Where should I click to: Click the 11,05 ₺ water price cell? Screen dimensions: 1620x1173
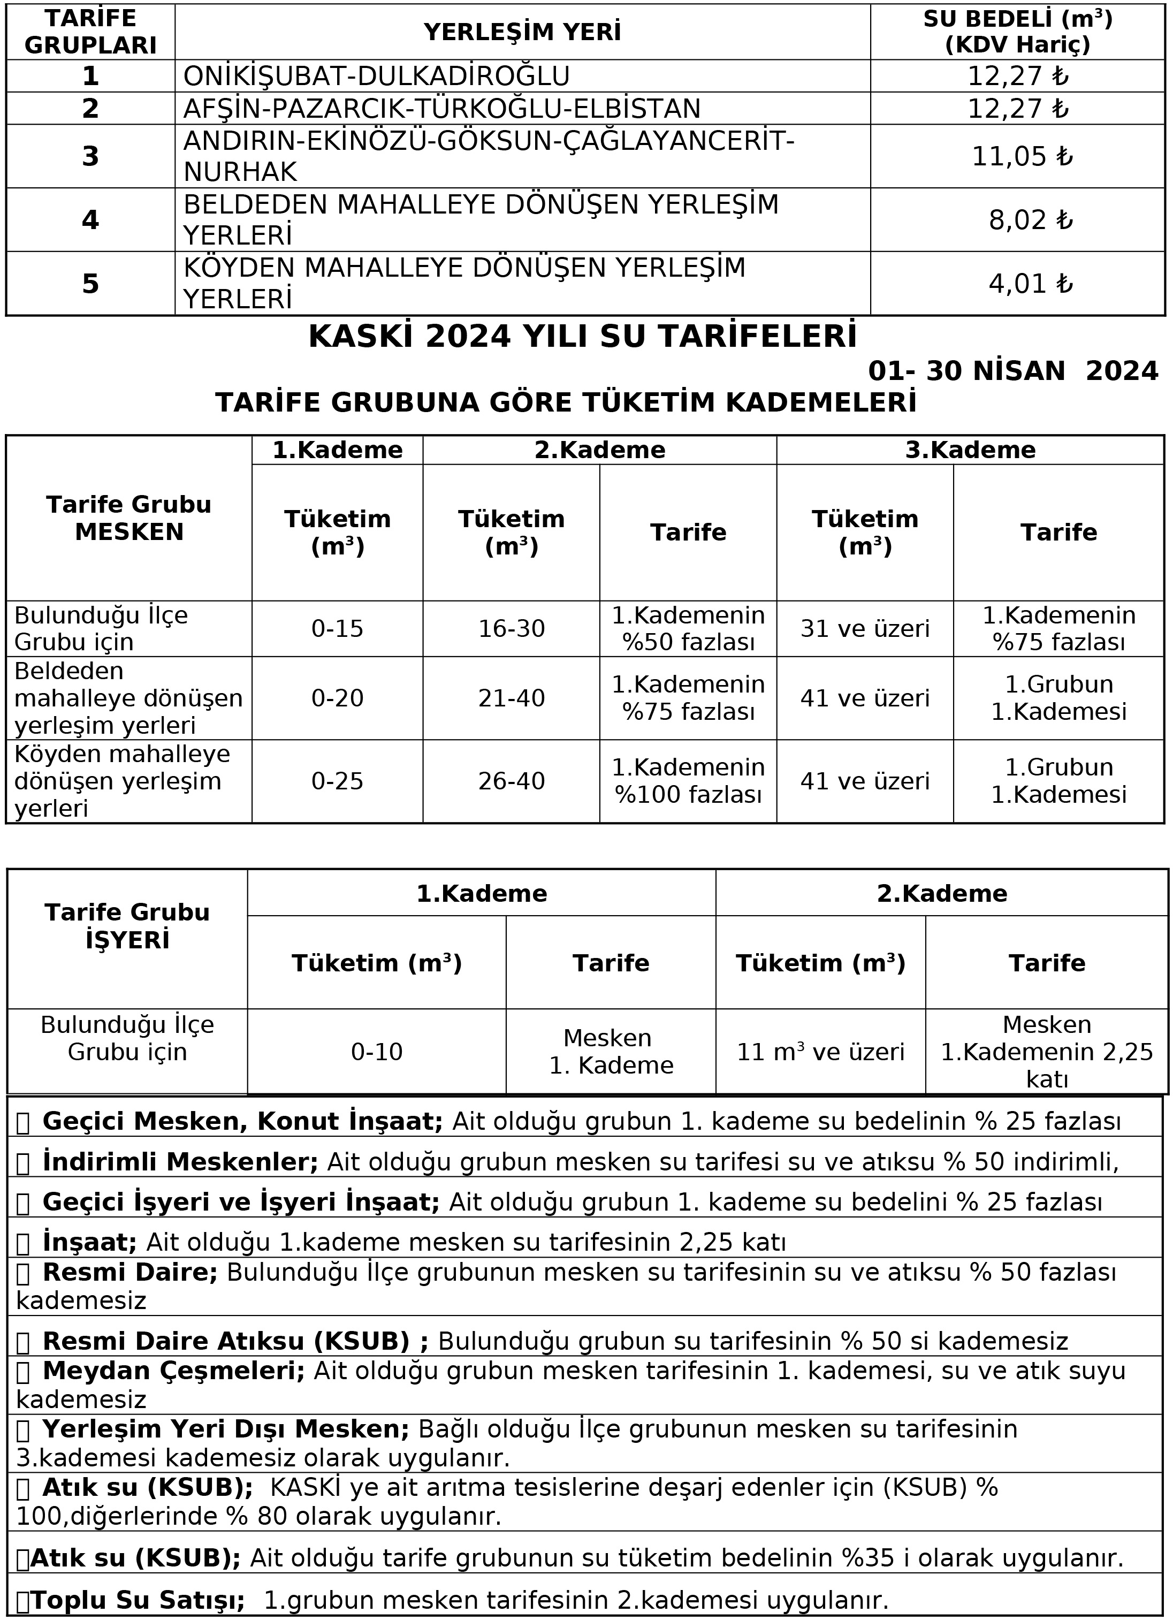pos(1022,156)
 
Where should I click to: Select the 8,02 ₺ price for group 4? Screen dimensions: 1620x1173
pos(1030,220)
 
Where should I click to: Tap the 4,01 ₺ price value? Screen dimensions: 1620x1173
pos(1030,284)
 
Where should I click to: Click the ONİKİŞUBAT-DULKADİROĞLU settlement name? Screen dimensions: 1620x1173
pos(377,75)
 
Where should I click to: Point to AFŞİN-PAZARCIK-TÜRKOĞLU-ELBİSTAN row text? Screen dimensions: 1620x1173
pos(442,109)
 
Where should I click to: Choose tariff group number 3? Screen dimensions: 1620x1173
pos(90,156)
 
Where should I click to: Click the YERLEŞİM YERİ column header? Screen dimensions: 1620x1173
pos(522,32)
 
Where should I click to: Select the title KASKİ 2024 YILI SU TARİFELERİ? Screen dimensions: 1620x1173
pos(582,337)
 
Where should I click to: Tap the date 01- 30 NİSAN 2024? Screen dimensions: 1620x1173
pos(1012,371)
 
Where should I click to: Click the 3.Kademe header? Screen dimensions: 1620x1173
pos(970,450)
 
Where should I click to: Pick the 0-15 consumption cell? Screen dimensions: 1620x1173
pos(337,628)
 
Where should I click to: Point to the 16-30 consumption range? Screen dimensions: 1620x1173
pos(512,628)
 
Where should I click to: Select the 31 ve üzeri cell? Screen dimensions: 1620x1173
pos(864,628)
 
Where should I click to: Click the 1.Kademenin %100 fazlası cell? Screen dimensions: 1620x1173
pos(688,781)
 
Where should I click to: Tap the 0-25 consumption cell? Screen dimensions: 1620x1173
pos(337,781)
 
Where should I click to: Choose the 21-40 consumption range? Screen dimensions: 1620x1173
pos(512,698)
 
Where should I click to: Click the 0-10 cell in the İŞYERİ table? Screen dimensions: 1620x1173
pos(377,1052)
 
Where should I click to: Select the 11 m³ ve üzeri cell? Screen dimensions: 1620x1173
pos(820,1052)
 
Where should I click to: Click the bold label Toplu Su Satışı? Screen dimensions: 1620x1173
pos(137,1600)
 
